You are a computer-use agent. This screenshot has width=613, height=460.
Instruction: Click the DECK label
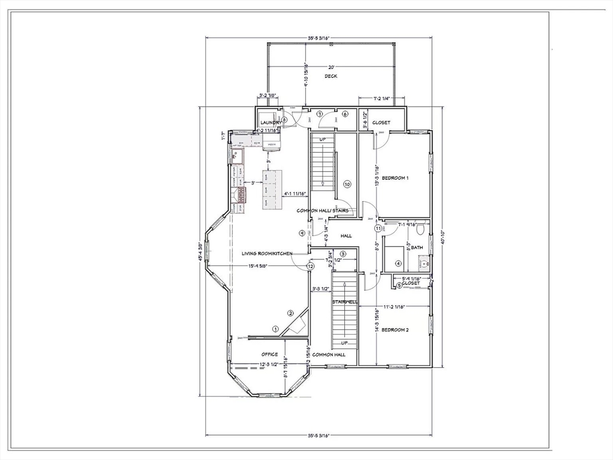coord(331,76)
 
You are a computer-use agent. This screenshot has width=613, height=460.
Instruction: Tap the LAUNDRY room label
coord(271,123)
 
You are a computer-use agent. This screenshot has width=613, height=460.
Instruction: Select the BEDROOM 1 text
coord(395,178)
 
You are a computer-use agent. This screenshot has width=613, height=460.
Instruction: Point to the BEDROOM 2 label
coord(395,330)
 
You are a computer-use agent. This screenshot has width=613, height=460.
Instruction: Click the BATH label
coord(417,247)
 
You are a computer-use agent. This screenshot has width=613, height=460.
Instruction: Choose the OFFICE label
coord(269,354)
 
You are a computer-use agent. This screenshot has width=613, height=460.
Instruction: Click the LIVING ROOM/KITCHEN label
coord(267,253)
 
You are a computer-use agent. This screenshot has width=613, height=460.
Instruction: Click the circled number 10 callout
coord(347,184)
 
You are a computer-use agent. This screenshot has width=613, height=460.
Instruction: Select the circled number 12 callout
coord(310,266)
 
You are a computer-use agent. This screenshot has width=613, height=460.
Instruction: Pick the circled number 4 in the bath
coord(398,263)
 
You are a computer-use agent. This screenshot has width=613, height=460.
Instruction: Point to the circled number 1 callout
coord(275,328)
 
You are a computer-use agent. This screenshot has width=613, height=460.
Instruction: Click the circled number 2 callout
coord(290,313)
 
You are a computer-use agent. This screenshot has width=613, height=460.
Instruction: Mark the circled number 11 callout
coord(378,228)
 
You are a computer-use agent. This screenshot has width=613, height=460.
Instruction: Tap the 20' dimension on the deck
coord(331,68)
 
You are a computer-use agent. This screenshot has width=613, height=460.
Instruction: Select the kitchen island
coord(272,189)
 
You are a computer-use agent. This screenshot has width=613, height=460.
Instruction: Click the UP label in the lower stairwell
coord(344,343)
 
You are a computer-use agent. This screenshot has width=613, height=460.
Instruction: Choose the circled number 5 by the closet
coord(399,285)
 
